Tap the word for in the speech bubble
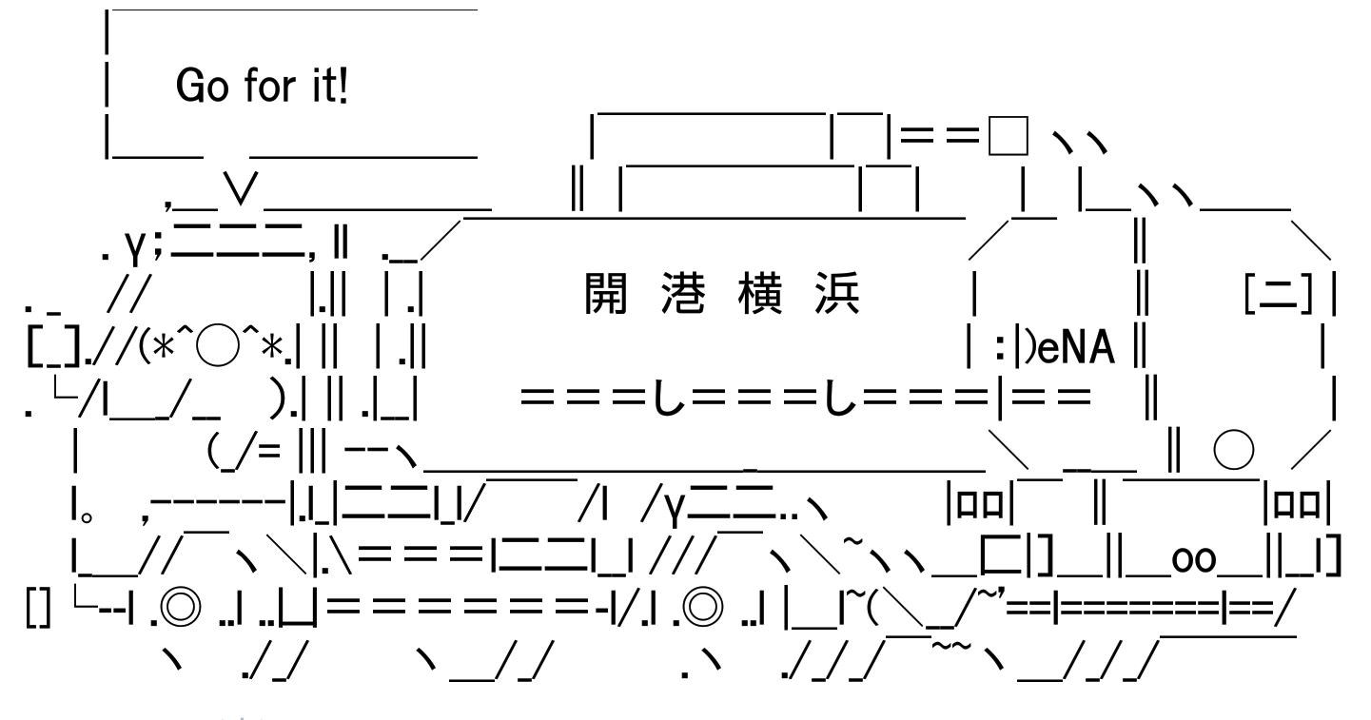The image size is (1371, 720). [x=270, y=85]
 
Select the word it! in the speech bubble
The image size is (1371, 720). [x=330, y=85]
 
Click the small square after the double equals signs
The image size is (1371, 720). [x=1009, y=136]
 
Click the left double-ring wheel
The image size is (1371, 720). [x=181, y=607]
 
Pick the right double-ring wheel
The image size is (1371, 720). [x=702, y=607]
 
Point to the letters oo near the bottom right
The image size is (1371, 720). [x=1193, y=559]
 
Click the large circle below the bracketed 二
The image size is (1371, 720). [x=1234, y=450]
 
